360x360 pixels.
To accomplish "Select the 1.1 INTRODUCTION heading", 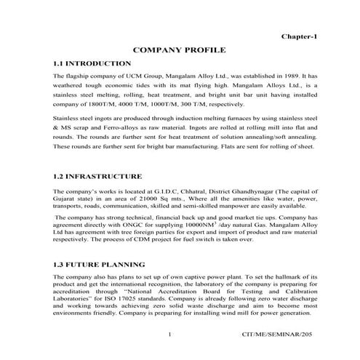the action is (x=95, y=64).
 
